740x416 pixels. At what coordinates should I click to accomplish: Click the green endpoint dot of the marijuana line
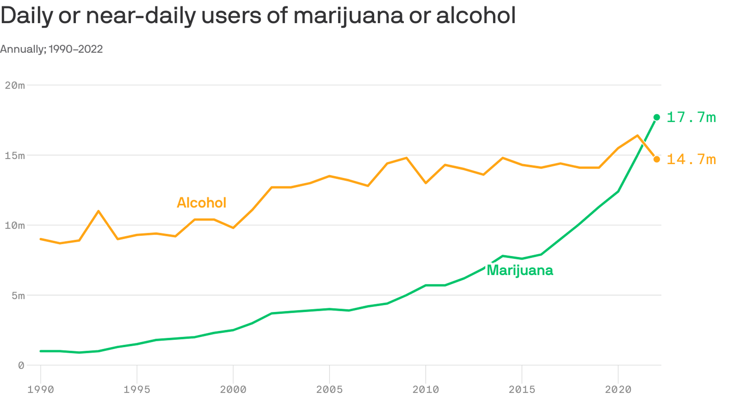pos(657,117)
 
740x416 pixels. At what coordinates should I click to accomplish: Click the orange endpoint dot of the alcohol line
pos(657,159)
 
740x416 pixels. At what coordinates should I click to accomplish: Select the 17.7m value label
pos(691,117)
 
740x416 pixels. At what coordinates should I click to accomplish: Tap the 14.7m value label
pos(691,159)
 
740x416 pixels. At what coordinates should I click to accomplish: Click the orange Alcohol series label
pos(201,203)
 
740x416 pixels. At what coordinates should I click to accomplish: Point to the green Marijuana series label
pos(520,270)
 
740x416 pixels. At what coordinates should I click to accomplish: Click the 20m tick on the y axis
pos(15,85)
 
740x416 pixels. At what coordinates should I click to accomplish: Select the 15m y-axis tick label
pos(15,156)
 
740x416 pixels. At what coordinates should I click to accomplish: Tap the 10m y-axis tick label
pos(15,225)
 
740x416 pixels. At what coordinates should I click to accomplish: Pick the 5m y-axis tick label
pos(18,295)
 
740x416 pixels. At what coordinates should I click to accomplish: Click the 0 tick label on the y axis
pos(21,366)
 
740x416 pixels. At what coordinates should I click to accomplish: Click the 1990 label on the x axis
pos(40,389)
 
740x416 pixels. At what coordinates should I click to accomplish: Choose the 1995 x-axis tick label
pos(137,389)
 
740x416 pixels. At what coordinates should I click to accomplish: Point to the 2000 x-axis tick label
pos(233,389)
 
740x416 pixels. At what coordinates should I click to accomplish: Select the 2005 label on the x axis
pos(330,389)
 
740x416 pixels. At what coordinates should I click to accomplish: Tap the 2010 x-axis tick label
pos(425,389)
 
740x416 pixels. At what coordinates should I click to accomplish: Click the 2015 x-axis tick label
pos(522,389)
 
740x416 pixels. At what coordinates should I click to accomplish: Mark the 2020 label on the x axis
pos(618,389)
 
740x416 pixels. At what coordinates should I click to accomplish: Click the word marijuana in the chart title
pos(348,16)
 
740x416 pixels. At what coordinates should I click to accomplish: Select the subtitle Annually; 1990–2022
pos(51,49)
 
